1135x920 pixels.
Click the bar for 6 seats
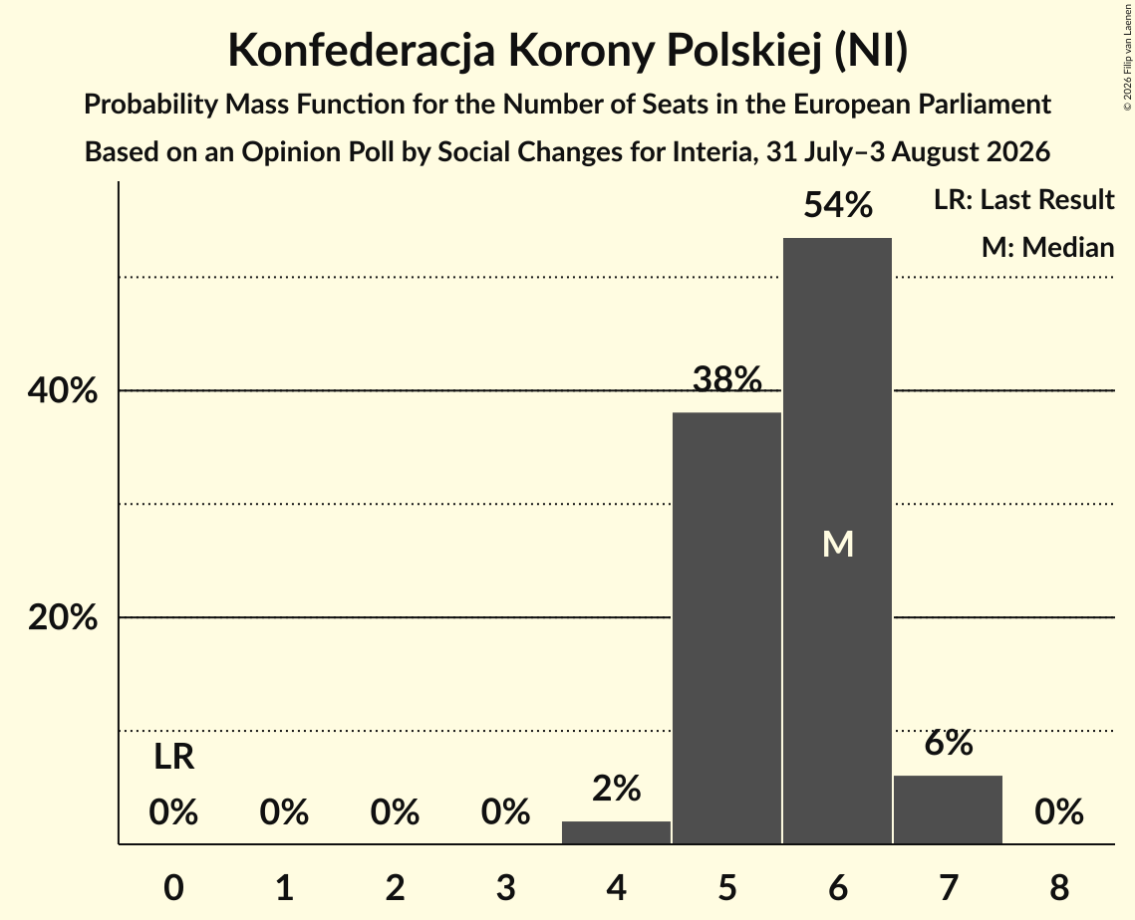click(837, 541)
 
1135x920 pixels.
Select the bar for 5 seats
click(726, 628)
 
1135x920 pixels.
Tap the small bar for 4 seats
click(616, 832)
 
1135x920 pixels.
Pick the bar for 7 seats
click(949, 809)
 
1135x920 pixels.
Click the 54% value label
click(838, 205)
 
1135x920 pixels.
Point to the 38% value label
click(727, 379)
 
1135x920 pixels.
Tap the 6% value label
click(949, 742)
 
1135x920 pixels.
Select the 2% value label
click(617, 789)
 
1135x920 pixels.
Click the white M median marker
click(838, 544)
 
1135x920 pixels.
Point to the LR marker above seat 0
click(173, 758)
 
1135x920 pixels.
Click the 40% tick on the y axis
click(62, 390)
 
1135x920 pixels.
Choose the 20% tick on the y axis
click(62, 617)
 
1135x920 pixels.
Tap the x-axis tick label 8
click(1059, 887)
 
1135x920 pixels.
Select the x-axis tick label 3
click(505, 887)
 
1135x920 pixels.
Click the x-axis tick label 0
click(173, 887)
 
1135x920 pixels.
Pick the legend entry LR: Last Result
click(1023, 199)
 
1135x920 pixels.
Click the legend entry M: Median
click(1047, 247)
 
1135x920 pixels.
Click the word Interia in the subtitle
click(713, 152)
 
